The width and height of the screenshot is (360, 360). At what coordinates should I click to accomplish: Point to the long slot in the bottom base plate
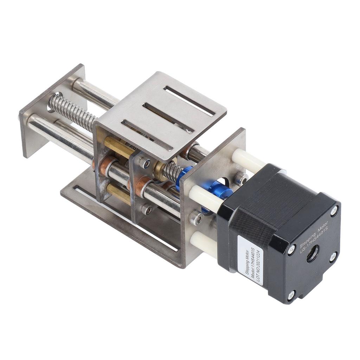click(x=127, y=218)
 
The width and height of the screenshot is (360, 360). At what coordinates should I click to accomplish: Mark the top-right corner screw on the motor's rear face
click(x=334, y=211)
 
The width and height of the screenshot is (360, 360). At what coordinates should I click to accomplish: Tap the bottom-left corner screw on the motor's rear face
click(x=291, y=295)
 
